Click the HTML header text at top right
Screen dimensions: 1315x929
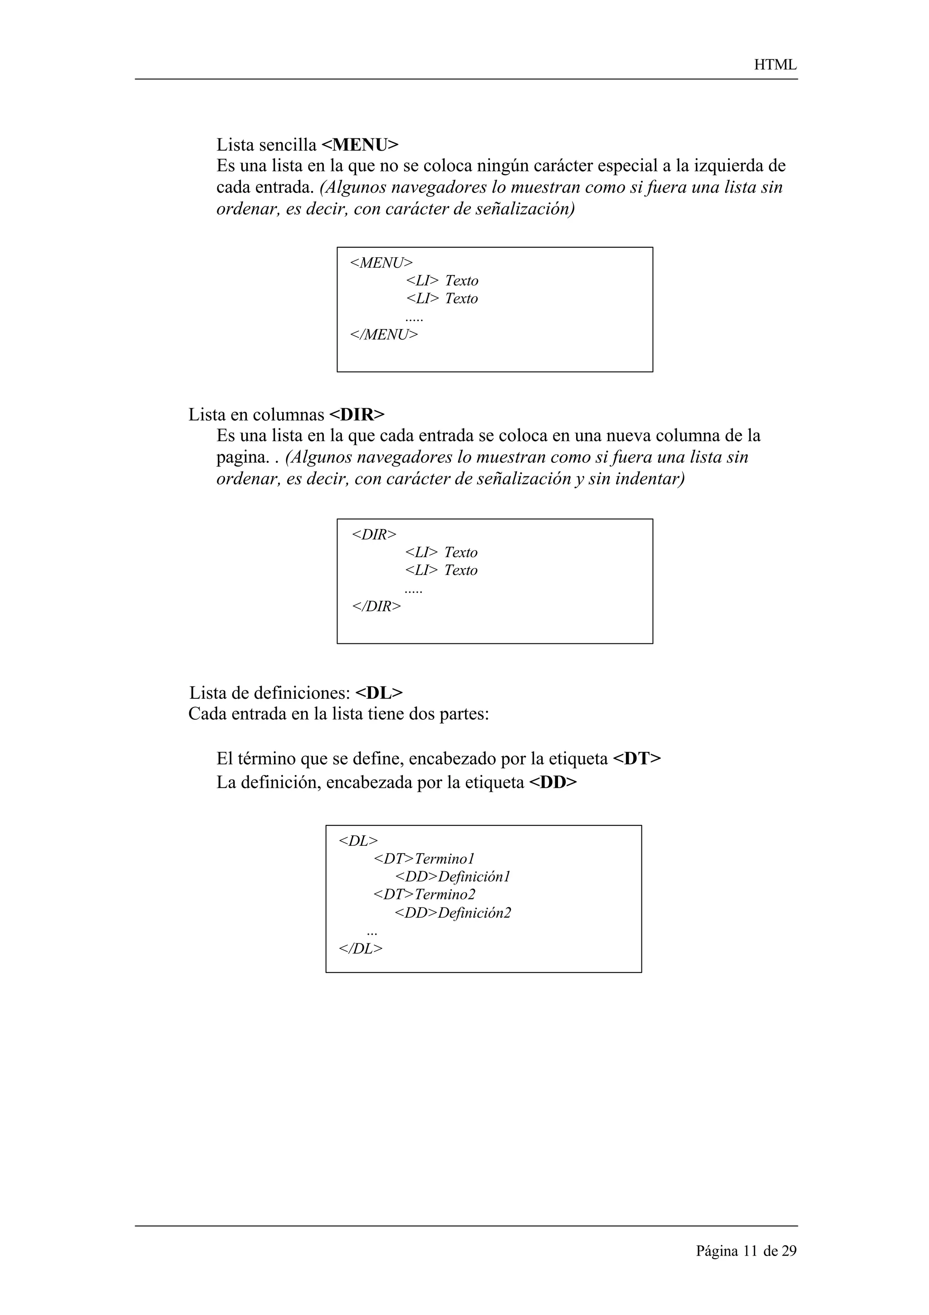[x=775, y=65]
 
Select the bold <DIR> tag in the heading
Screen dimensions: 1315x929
[x=357, y=414]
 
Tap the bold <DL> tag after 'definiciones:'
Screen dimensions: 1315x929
[x=379, y=693]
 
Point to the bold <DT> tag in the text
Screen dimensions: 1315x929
[x=636, y=759]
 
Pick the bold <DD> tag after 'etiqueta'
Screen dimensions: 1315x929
[x=553, y=782]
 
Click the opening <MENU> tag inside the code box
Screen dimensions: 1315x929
[x=381, y=263]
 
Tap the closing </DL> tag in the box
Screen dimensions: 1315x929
[x=361, y=948]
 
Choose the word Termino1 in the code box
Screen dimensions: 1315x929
[x=445, y=859]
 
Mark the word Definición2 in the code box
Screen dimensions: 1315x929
[x=474, y=913]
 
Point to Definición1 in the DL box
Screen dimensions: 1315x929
[x=474, y=877]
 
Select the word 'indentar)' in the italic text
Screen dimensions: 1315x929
[x=650, y=479]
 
